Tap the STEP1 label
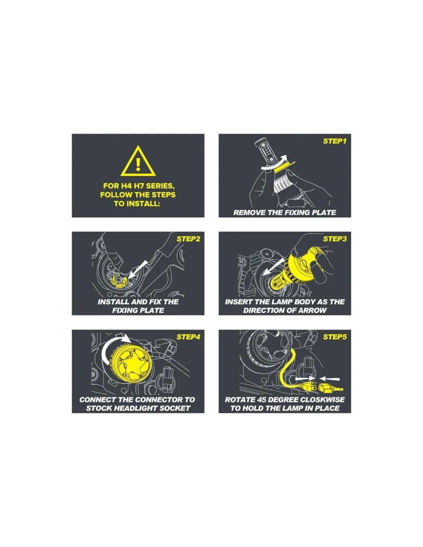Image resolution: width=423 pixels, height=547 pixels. pos(335,141)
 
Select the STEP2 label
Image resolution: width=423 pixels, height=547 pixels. pos(188,239)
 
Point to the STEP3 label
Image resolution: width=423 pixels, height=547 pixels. pos(335,239)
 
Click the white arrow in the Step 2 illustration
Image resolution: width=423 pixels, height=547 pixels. pos(138,270)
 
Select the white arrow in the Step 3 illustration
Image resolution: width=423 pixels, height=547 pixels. pos(275,267)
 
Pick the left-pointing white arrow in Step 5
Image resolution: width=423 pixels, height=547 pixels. pos(330,379)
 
